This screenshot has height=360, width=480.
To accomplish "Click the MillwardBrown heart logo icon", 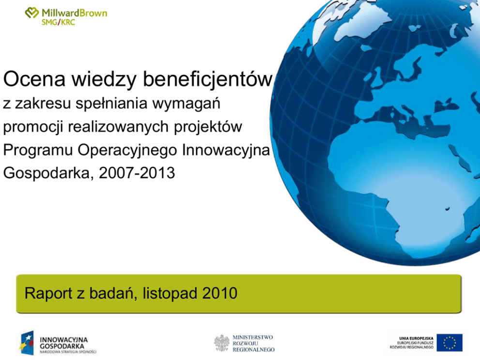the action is pos(32,13).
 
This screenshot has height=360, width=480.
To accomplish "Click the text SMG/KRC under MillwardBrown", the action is pos(58,22).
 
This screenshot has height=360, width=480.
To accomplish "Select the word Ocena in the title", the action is pos(34,79).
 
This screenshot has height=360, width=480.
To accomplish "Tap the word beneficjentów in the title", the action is pos(207,79).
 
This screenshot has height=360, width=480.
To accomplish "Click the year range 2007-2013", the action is pos(137,173).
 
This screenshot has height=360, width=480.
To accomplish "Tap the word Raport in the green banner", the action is pos(48,294).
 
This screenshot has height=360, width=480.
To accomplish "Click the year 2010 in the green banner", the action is pos(220,293).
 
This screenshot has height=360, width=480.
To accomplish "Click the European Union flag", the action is pos(450,343).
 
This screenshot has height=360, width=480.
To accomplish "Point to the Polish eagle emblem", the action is pos(222,343).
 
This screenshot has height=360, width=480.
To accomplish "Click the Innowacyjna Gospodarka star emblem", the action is pos(26,343).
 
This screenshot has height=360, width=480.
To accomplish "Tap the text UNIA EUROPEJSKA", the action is pos(416,339).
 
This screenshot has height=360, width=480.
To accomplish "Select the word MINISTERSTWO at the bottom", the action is pos(253,337).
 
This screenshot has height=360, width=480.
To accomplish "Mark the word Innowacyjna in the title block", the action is pos(225,150).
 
